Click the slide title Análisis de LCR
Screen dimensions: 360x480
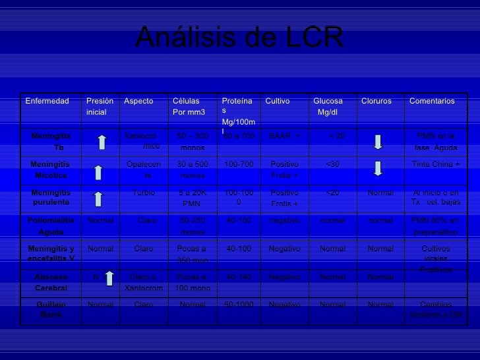click(x=239, y=40)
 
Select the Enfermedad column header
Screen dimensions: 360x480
click(x=47, y=102)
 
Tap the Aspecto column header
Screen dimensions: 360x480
click(x=138, y=102)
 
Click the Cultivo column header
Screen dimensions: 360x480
click(x=278, y=102)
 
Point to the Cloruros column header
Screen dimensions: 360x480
click(x=376, y=102)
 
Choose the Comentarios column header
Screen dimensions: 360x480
click(x=432, y=102)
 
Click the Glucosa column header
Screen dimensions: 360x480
click(x=328, y=106)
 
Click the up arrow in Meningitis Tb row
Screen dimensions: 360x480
click(x=101, y=142)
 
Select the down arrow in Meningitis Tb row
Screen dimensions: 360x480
click(x=378, y=142)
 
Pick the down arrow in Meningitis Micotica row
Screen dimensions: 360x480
click(x=378, y=168)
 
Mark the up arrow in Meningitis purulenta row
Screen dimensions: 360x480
click(x=98, y=198)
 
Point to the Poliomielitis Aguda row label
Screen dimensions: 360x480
click(x=50, y=225)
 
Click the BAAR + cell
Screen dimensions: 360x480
click(x=284, y=136)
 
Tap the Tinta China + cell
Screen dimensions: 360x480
click(x=436, y=164)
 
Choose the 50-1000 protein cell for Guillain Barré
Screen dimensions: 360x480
click(x=239, y=305)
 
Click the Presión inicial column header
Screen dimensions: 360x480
click(x=100, y=106)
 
